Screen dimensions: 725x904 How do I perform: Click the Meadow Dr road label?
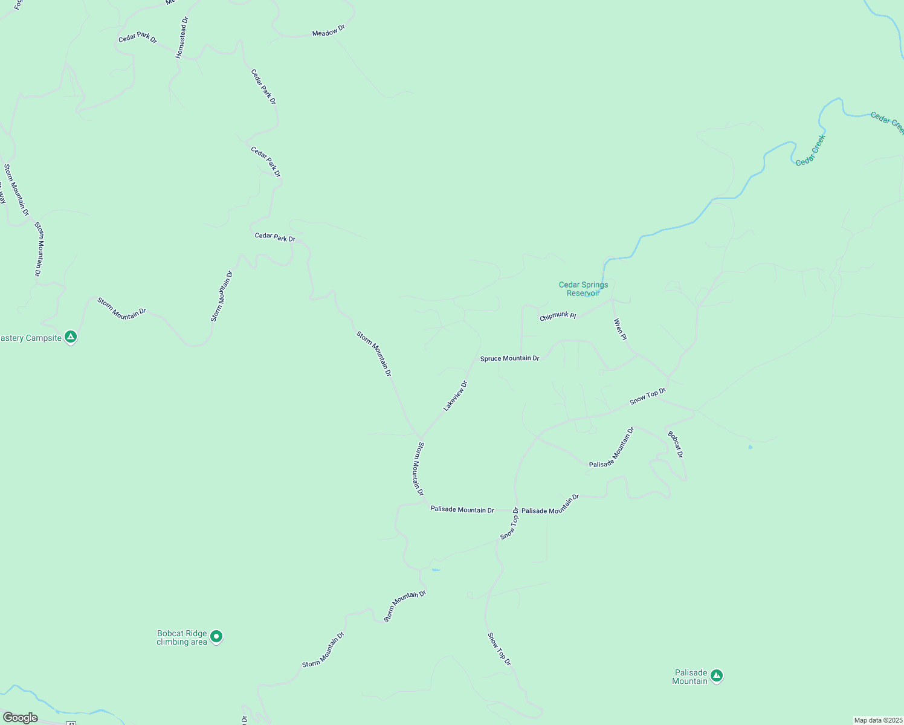pyautogui.click(x=328, y=31)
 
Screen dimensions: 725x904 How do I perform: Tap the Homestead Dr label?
pyautogui.click(x=182, y=37)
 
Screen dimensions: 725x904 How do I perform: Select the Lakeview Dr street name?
pyautogui.click(x=456, y=396)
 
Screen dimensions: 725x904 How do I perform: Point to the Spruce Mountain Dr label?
pyautogui.click(x=509, y=358)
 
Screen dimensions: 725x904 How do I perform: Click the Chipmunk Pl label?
pyautogui.click(x=558, y=316)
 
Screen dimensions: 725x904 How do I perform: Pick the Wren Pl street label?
pyautogui.click(x=621, y=329)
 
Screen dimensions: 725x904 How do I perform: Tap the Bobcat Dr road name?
pyautogui.click(x=676, y=444)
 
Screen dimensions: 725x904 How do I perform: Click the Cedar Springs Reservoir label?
pyautogui.click(x=583, y=289)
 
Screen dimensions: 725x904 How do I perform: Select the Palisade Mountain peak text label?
pyautogui.click(x=690, y=677)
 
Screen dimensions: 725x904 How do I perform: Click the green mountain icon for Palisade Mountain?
pyautogui.click(x=717, y=675)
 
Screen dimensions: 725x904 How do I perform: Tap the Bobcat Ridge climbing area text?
pyautogui.click(x=182, y=637)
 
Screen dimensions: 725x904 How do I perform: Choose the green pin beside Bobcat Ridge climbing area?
pyautogui.click(x=216, y=636)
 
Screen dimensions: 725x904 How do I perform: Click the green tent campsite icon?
pyautogui.click(x=71, y=337)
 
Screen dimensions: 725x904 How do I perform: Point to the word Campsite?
pyautogui.click(x=44, y=338)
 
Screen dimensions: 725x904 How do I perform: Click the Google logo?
pyautogui.click(x=21, y=718)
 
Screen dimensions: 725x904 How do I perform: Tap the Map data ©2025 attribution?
pyautogui.click(x=877, y=720)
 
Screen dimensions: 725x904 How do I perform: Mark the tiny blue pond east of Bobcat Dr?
pyautogui.click(x=751, y=447)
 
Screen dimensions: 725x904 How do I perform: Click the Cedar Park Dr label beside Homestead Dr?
pyautogui.click(x=137, y=37)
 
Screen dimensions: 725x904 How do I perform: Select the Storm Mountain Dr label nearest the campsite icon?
pyautogui.click(x=121, y=308)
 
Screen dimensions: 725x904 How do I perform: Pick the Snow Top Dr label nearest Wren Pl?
pyautogui.click(x=647, y=396)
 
